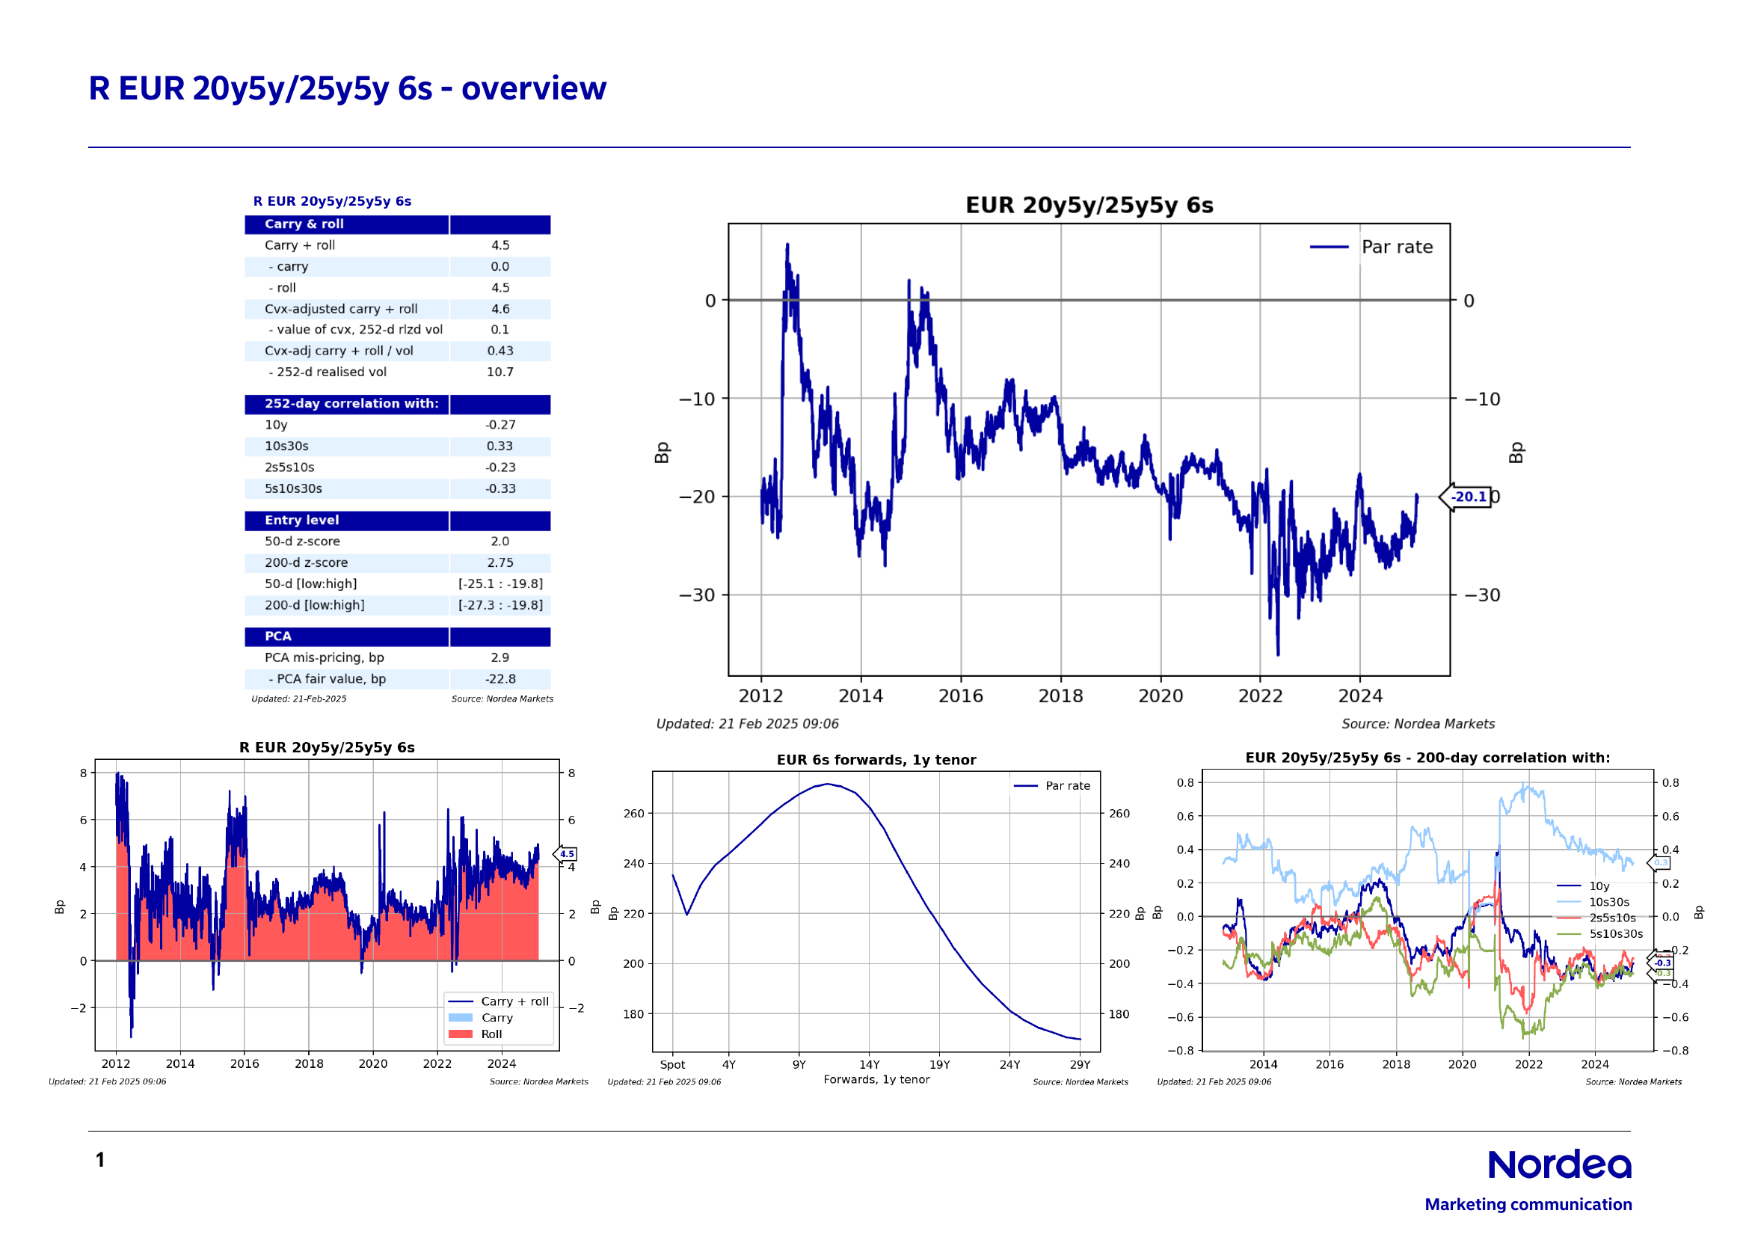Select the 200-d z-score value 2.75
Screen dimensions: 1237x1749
pos(500,563)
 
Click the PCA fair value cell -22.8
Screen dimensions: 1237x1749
pos(500,678)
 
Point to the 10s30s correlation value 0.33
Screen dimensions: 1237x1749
pos(500,446)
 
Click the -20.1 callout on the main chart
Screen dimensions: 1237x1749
pos(1467,497)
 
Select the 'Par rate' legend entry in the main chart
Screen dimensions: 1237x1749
pos(1396,247)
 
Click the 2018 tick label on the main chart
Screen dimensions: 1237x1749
pos(1060,696)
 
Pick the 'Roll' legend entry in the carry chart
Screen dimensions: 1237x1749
pos(491,1034)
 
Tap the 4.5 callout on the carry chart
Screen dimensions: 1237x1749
pos(567,854)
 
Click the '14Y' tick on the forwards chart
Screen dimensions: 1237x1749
pos(869,1065)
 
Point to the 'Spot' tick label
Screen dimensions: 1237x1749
pos(672,1065)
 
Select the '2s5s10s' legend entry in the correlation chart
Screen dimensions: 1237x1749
pos(1612,918)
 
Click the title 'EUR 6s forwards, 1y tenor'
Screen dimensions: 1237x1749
pos(876,759)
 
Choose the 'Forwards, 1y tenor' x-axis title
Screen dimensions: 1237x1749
pos(876,1079)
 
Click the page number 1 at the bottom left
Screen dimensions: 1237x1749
pos(99,1160)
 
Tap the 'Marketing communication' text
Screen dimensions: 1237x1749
pos(1528,1204)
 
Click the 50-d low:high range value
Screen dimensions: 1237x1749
pos(500,584)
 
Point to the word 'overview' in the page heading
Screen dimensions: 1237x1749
pos(533,89)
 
